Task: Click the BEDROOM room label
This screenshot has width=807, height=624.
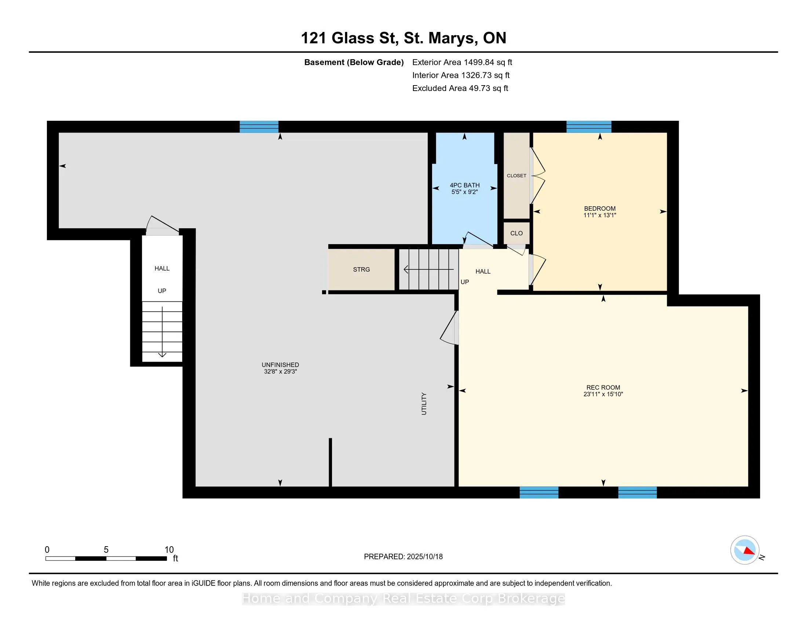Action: tap(600, 208)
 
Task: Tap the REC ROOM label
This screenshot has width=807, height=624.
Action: tap(603, 387)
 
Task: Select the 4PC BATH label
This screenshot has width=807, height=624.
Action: tap(465, 185)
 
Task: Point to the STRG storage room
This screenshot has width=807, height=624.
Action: tap(361, 269)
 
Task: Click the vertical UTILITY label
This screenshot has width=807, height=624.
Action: tap(424, 404)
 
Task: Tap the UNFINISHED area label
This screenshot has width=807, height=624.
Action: tap(281, 365)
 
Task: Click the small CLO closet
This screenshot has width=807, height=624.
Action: tap(516, 233)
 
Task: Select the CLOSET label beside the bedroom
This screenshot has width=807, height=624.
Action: tap(516, 175)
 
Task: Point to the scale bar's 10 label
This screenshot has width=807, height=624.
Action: tap(169, 550)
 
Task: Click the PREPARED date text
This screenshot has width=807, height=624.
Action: tap(403, 557)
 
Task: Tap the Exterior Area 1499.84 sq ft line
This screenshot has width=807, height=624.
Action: tap(462, 62)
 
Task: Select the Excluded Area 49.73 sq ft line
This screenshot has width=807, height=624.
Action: tap(460, 88)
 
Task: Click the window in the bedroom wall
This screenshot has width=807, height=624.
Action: tap(589, 127)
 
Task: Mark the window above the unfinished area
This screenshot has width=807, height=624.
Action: tap(259, 127)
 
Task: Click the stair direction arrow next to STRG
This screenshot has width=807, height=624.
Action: tap(428, 270)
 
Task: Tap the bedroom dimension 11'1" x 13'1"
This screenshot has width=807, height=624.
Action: tap(600, 215)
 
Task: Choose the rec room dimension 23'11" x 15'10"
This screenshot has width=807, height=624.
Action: tap(603, 394)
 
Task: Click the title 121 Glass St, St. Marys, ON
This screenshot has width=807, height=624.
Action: tap(403, 38)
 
